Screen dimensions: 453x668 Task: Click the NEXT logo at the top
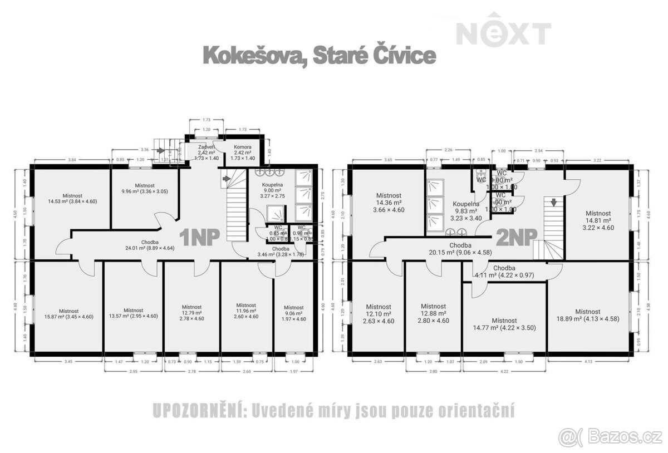504,33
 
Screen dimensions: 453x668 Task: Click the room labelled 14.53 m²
72,198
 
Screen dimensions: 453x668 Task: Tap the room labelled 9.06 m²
293,313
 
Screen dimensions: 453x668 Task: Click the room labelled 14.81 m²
598,220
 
